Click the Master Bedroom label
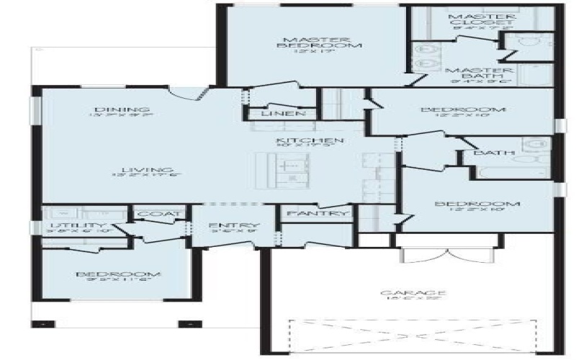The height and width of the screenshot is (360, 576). point(311,42)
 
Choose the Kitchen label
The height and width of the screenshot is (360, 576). point(301,140)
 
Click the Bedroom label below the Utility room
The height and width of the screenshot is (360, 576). point(118,274)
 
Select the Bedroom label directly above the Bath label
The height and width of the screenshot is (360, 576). point(464,110)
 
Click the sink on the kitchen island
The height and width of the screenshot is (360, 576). point(292,166)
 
